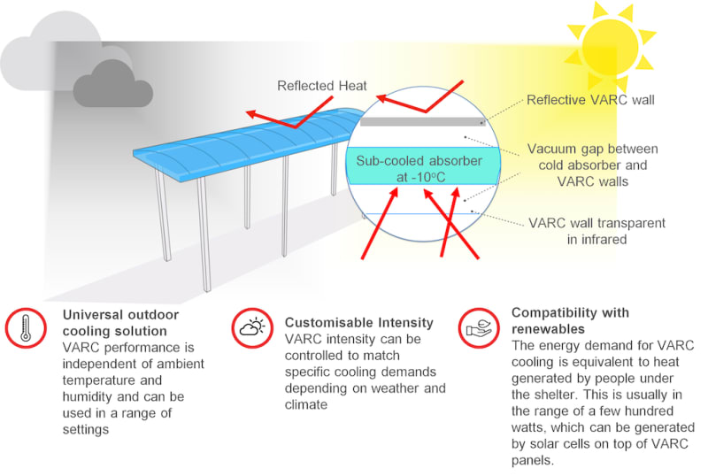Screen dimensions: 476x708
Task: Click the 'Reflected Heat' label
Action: click(x=321, y=86)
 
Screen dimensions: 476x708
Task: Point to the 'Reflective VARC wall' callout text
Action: click(x=590, y=100)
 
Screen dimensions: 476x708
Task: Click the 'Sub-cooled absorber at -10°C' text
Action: click(x=419, y=169)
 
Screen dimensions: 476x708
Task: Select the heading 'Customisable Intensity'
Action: click(x=358, y=322)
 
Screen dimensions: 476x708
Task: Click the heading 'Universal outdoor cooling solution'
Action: click(x=120, y=322)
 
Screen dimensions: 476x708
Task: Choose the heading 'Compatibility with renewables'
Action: click(x=570, y=320)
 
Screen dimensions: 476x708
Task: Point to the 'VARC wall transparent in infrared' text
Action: click(x=596, y=230)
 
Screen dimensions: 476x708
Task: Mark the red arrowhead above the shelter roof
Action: click(x=253, y=115)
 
